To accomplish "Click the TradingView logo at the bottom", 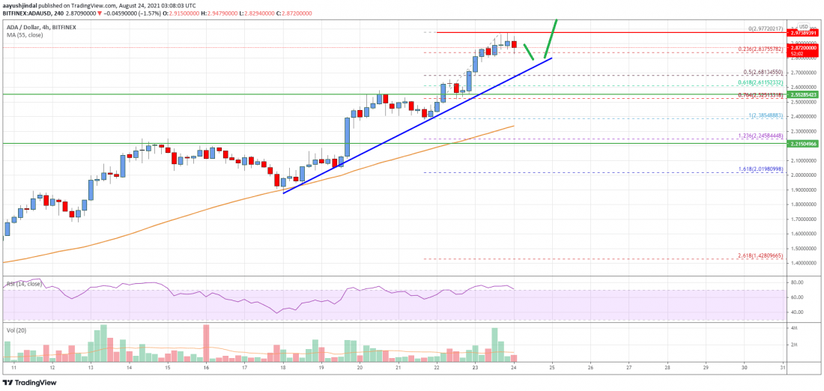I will (30, 382).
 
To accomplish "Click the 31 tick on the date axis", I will (783, 368).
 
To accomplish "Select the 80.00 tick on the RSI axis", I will (798, 282).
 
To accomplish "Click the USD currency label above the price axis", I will (804, 26).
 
